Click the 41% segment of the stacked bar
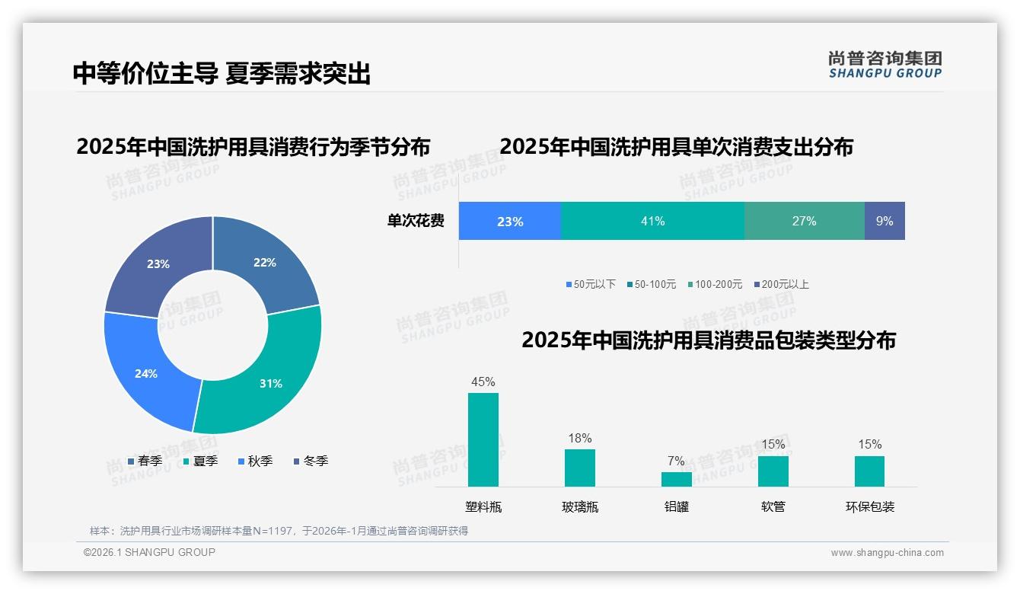652,221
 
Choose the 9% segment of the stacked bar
885,221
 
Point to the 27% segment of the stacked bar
804,221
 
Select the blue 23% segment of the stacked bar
509,221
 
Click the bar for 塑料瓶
483,439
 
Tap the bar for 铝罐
676,479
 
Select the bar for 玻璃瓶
580,468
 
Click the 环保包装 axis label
870,506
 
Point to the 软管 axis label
773,506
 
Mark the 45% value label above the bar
483,382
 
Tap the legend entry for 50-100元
651,284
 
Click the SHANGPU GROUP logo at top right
885,65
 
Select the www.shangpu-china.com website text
887,553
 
